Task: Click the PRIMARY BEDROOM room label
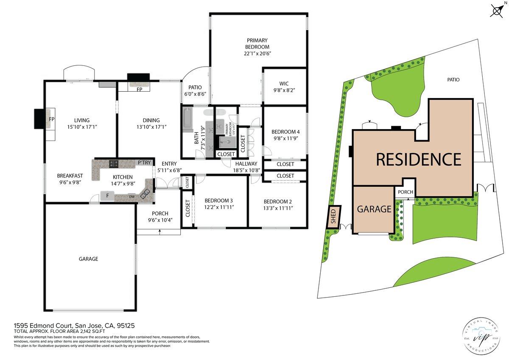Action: pos(257,44)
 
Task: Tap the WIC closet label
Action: pos(284,84)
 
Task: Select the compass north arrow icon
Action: pos(497,10)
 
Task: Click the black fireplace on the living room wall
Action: pos(39,118)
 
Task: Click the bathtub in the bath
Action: pos(188,120)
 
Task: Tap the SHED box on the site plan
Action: pos(333,217)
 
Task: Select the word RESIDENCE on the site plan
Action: pos(418,159)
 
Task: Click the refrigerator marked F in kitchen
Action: pos(107,196)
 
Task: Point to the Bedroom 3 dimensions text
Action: pos(219,207)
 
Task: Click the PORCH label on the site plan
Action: pos(406,192)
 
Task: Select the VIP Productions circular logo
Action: pos(481,335)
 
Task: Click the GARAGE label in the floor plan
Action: pos(89,259)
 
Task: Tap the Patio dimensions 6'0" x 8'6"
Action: pos(194,94)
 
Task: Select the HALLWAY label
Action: pos(246,163)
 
